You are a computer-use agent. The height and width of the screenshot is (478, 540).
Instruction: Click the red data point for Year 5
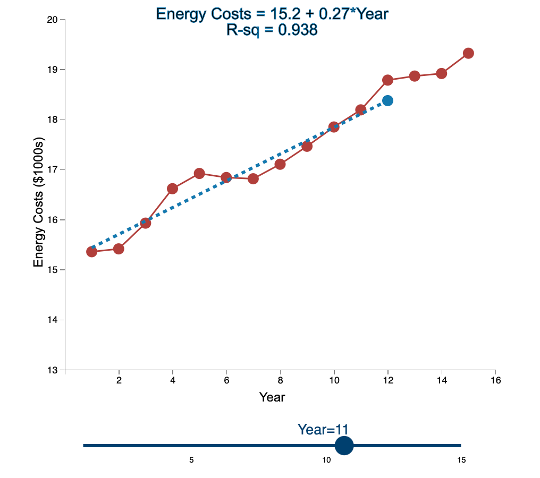tap(199, 173)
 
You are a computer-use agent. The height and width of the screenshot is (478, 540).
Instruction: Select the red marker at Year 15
tap(468, 53)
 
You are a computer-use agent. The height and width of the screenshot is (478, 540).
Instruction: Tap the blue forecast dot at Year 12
tap(387, 100)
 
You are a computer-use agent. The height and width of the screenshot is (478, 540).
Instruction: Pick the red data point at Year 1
tap(91, 252)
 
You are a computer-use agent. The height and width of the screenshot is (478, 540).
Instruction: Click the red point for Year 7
tap(253, 178)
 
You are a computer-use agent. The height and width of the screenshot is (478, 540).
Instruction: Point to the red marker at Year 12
tap(387, 80)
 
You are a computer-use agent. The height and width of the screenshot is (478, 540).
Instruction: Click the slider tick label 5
tap(191, 460)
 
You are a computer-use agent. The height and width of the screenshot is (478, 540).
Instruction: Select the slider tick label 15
tap(461, 460)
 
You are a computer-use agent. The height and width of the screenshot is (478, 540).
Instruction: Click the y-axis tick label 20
tap(52, 20)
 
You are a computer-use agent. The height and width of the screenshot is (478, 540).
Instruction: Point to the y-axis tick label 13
tap(52, 370)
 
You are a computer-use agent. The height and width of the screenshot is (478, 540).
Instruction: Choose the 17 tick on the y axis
tap(52, 170)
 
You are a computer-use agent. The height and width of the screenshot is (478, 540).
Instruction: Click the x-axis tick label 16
tap(495, 380)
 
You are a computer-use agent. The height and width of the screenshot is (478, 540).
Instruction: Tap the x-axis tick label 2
tap(119, 380)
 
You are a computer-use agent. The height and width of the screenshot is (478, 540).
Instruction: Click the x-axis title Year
tap(272, 397)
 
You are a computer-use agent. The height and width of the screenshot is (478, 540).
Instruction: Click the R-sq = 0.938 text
tap(272, 30)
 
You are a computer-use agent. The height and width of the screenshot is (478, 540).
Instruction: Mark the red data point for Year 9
tap(307, 146)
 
